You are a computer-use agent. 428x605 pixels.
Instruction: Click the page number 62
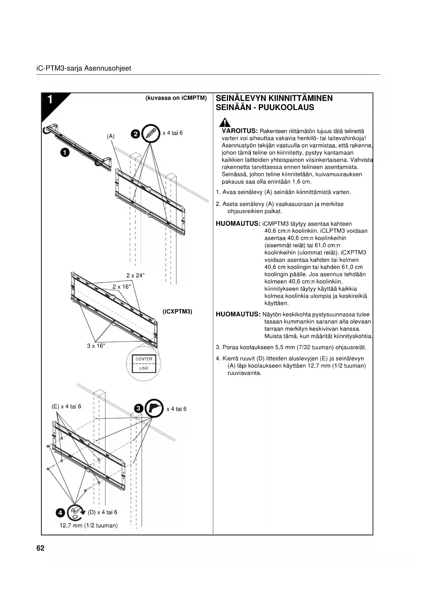40,548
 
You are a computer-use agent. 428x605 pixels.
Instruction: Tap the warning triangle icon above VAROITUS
225,122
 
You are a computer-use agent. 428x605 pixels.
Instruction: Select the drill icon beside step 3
154,408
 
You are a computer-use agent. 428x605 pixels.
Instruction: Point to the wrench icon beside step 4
76,513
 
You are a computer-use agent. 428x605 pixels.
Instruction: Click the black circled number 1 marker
64,152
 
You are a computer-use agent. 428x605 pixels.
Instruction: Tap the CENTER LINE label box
144,364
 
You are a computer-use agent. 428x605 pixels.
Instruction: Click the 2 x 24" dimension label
136,275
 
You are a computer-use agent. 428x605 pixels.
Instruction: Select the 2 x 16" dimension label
122,287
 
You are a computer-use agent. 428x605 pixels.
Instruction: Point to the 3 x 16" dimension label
96,346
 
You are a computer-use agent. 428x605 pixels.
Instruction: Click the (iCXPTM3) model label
177,311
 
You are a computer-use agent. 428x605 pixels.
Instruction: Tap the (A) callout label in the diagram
111,136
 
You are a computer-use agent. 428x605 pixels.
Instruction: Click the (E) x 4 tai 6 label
66,406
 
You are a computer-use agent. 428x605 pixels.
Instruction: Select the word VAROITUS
240,131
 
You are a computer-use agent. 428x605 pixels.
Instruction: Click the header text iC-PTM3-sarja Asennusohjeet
84,68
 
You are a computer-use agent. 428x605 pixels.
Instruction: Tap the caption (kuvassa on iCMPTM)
176,98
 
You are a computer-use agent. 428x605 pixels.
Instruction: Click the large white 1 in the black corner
50,100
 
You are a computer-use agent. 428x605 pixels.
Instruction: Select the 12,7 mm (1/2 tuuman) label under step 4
89,526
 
